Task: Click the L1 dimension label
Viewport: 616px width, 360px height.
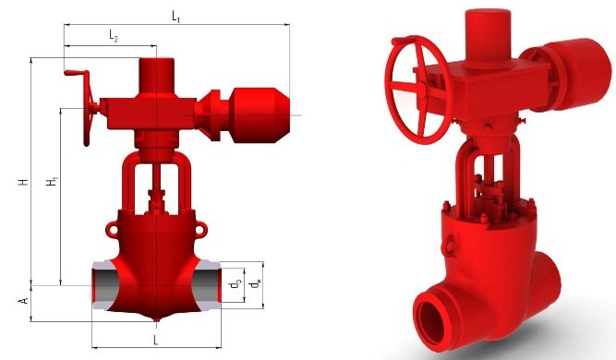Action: [x=176, y=17]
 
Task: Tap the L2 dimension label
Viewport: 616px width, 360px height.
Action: [x=114, y=36]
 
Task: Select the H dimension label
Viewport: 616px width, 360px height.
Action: [x=24, y=182]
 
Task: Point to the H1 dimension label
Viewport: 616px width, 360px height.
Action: [x=53, y=182]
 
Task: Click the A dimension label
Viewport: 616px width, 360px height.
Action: [x=24, y=301]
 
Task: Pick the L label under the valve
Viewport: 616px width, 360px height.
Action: [x=155, y=340]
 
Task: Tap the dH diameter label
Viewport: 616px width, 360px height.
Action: [x=256, y=283]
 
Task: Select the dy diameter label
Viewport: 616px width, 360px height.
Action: [x=236, y=284]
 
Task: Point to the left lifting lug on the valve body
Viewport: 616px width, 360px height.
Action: [x=112, y=229]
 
